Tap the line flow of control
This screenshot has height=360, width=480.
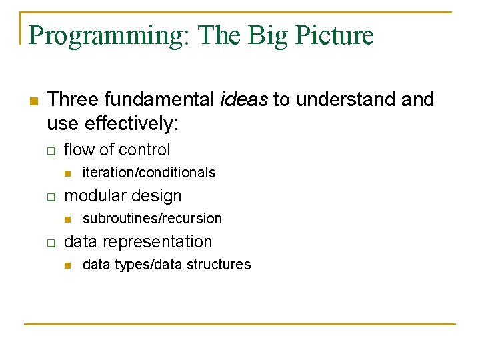point(117,150)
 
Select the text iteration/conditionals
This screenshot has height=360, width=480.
point(149,173)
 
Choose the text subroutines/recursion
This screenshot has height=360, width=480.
point(152,219)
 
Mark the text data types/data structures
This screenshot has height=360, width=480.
point(167,265)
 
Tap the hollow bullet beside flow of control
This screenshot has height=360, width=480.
point(50,151)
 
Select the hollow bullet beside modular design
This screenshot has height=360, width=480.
point(50,197)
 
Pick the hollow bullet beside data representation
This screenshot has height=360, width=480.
point(50,243)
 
